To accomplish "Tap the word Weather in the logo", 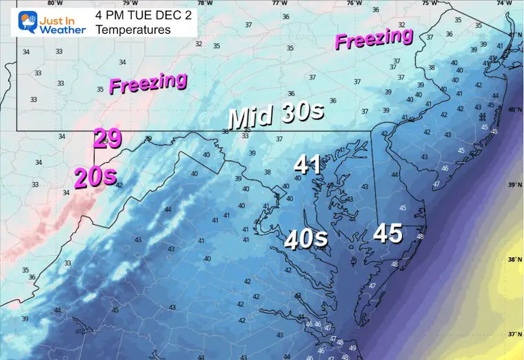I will click(x=62, y=30).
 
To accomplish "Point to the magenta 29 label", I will click(x=108, y=138).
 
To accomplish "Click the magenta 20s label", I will click(x=95, y=177).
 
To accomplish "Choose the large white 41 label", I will click(x=308, y=164).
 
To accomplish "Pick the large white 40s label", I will click(x=306, y=239).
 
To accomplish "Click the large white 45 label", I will click(x=387, y=234).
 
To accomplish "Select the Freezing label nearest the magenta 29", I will click(x=148, y=83).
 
